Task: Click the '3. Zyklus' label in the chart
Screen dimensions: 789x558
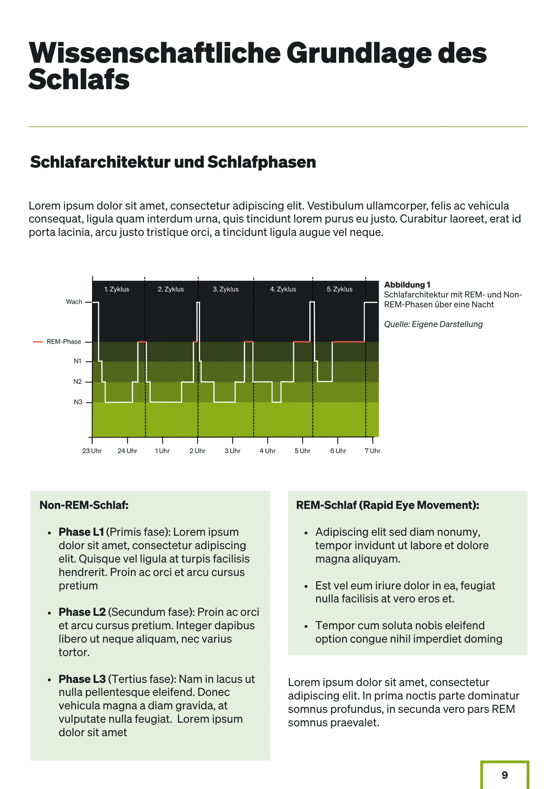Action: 226,289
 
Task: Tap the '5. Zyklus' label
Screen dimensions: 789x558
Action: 339,289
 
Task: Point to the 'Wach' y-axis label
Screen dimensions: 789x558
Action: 74,302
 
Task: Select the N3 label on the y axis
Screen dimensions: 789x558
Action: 78,402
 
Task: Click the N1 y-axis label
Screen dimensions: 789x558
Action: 77,361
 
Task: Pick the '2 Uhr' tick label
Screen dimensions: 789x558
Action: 197,451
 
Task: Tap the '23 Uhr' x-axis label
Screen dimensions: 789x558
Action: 92,451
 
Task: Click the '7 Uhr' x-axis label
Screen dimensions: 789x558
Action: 372,451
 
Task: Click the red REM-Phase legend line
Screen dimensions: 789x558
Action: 38,342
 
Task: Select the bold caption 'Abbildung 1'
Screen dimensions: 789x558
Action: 407,285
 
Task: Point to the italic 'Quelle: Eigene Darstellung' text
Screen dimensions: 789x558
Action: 433,324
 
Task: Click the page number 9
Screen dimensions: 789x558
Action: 504,775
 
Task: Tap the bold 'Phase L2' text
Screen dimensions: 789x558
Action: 82,612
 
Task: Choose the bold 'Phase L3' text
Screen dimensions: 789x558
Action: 82,679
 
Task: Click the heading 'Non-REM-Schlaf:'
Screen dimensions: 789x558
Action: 84,505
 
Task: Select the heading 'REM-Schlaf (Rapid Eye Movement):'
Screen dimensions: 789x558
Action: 388,505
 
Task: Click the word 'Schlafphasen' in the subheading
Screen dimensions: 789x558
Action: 262,162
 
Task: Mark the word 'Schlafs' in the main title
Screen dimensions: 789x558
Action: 79,80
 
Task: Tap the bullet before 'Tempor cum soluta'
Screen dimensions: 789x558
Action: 306,626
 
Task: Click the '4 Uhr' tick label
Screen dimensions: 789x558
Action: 268,451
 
